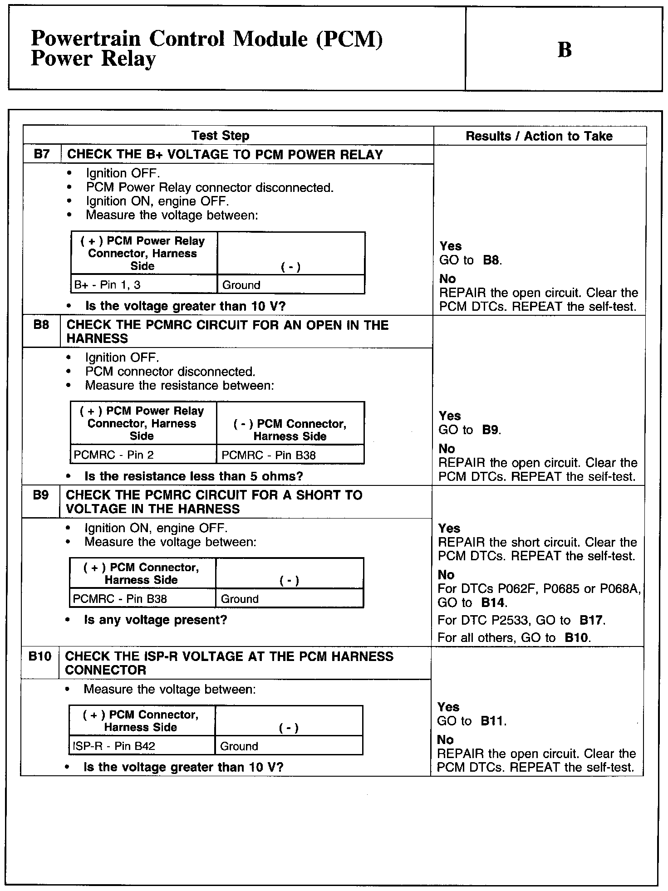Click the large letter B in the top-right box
(x=564, y=50)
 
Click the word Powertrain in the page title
(x=86, y=39)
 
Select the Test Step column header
(x=220, y=136)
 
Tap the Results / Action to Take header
(x=539, y=136)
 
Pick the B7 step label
(x=41, y=154)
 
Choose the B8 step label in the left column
(x=41, y=325)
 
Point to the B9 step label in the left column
(x=40, y=495)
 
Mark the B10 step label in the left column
(x=39, y=656)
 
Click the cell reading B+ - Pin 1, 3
(x=108, y=285)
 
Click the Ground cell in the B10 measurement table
(x=239, y=746)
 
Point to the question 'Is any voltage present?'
(x=155, y=620)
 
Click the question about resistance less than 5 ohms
(x=193, y=476)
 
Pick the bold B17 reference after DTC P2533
(x=592, y=620)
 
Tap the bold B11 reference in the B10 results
(x=493, y=721)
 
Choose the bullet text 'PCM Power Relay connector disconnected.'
(x=210, y=187)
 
